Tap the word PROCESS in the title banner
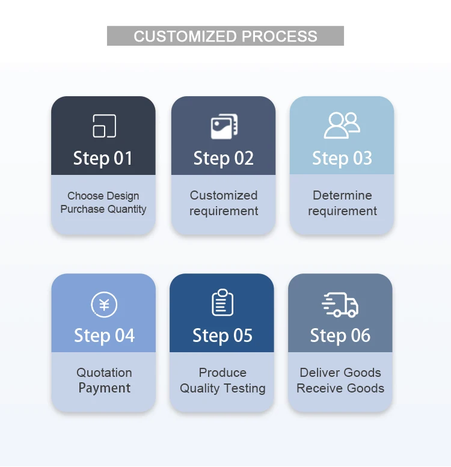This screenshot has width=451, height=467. pos(280,36)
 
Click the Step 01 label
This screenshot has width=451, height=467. pos(103,158)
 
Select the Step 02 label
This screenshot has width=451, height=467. pos(223,158)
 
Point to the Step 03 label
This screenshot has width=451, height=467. pos(342,158)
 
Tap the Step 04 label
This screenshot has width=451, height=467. pos(104,335)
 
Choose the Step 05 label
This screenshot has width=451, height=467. pos(222,335)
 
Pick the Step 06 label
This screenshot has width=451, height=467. pos(340,335)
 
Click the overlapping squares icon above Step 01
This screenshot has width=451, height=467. pos(104,126)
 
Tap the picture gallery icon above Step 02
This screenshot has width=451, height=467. pos(224,126)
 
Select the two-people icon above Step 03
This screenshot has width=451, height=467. pos(342,126)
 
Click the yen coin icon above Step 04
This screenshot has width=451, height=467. pos(104,304)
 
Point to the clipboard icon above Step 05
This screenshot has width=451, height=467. pos(222,302)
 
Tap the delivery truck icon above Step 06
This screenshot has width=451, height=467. pos(340,304)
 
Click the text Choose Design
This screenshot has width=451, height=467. pos(103,196)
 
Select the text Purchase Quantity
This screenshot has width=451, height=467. pos(103,209)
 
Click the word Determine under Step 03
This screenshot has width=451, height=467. pos(342,195)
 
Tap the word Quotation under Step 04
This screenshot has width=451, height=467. pos(104,373)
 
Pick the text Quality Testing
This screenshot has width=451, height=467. pos(222,388)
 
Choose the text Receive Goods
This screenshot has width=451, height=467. pos(340,388)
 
